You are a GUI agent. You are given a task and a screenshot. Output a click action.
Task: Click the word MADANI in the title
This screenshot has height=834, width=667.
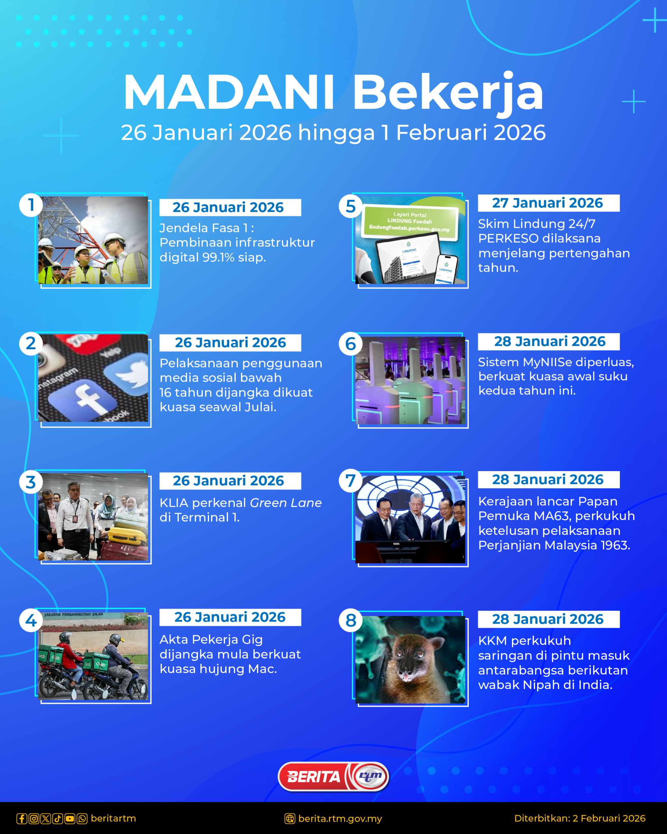pos(229,93)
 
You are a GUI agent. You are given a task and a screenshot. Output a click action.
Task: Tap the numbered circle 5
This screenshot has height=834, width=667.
pos(350,206)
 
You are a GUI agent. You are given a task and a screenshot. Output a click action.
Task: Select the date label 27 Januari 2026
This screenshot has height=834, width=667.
pos(548,203)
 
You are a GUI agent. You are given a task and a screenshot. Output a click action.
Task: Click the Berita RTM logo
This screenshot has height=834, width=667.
pos(333,776)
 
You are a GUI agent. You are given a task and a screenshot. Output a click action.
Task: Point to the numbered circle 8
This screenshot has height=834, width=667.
pos(350,620)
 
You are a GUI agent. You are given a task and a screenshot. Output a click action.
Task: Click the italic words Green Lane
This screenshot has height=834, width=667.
pos(286,503)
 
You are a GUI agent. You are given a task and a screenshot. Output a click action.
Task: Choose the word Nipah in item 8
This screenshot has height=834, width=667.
pos(541,685)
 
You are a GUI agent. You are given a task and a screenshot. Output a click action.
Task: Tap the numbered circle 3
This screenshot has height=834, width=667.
pos(31,482)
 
